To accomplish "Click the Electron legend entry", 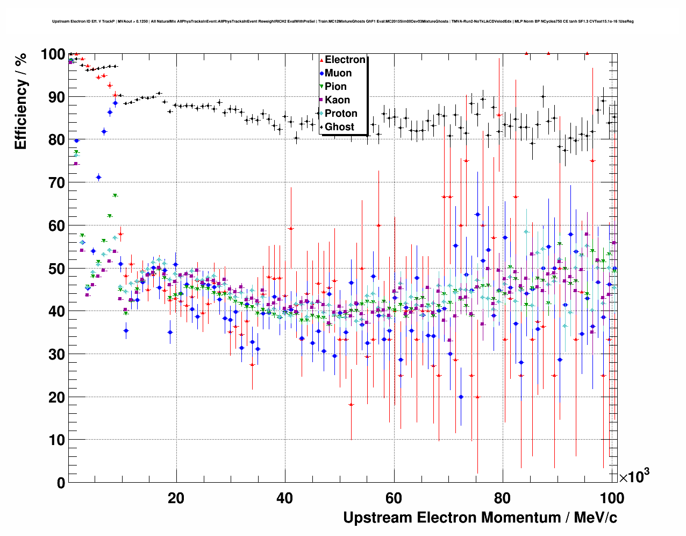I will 345,60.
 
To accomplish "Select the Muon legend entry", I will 338,73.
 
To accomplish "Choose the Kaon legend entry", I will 337,100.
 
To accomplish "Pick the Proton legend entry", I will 341,114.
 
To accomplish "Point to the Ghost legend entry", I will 339,127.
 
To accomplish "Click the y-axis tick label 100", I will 53,54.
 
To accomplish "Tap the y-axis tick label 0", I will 61,483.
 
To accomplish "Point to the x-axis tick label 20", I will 176,498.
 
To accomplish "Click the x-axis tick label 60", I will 394,498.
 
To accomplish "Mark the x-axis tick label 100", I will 612,498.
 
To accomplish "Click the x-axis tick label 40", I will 285,498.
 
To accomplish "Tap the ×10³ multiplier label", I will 634,476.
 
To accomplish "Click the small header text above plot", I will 343,22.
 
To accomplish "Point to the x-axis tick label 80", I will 503,498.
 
